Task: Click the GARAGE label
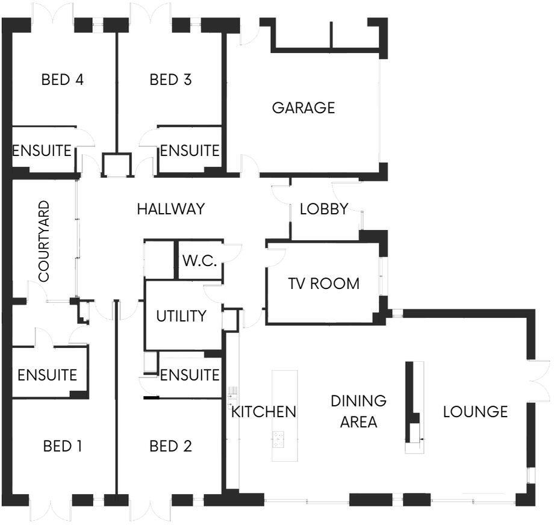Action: pyautogui.click(x=303, y=108)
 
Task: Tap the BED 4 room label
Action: pyautogui.click(x=62, y=79)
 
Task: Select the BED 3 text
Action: pyautogui.click(x=170, y=79)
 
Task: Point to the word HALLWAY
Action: pyautogui.click(x=170, y=210)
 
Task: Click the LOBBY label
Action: pyautogui.click(x=324, y=210)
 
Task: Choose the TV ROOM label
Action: pyautogui.click(x=323, y=283)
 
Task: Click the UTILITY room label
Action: pyautogui.click(x=181, y=315)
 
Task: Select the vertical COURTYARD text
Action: pyautogui.click(x=43, y=241)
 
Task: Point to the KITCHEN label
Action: pyautogui.click(x=264, y=412)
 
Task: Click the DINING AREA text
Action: pyautogui.click(x=358, y=411)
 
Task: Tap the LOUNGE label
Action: pyautogui.click(x=475, y=412)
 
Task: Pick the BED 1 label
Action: pyautogui.click(x=63, y=446)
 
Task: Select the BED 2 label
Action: pyautogui.click(x=170, y=446)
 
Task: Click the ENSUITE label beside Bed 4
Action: pyautogui.click(x=42, y=150)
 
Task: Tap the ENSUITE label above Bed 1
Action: pyautogui.click(x=47, y=375)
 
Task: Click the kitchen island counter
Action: pyautogui.click(x=284, y=415)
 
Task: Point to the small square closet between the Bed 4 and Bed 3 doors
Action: pyautogui.click(x=116, y=164)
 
